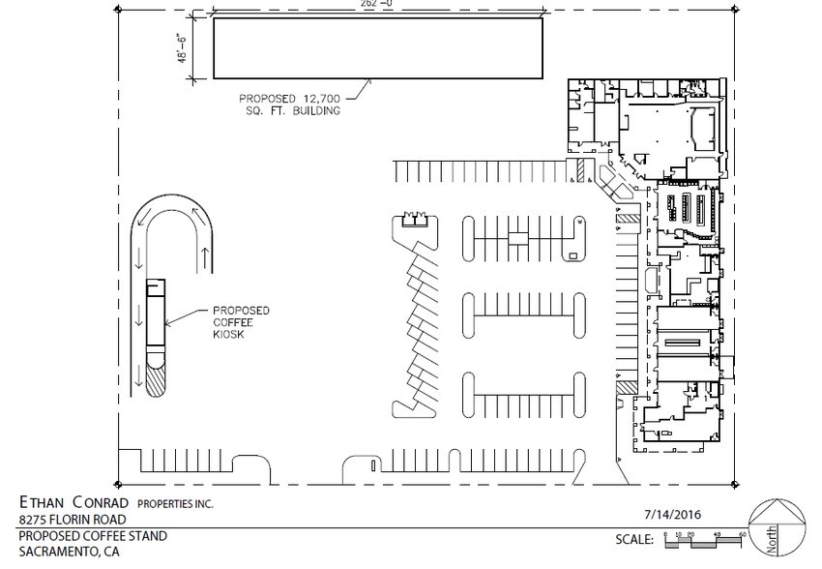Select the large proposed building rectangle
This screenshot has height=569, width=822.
pos(377,48)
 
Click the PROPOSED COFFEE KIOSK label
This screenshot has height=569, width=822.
pos(241,323)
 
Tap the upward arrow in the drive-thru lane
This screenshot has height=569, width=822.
pos(206,255)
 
